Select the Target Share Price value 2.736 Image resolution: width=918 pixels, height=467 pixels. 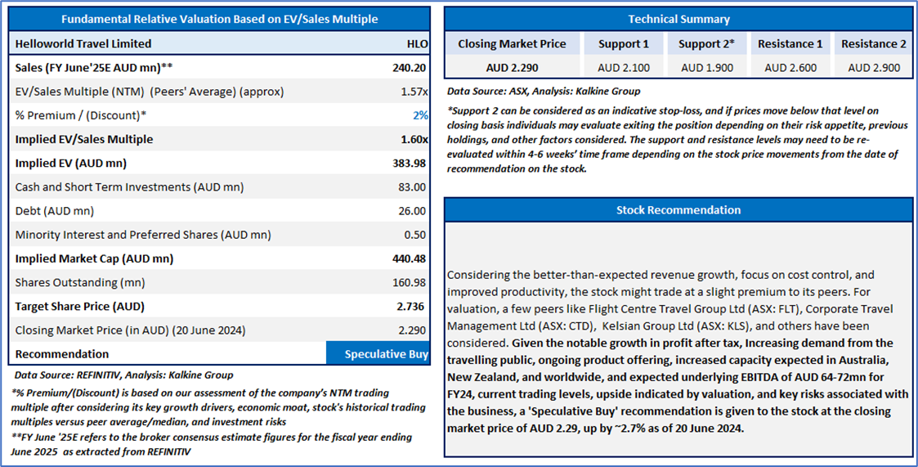click(411, 307)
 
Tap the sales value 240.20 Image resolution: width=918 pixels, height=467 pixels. click(410, 67)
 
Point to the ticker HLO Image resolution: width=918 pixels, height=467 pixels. click(417, 43)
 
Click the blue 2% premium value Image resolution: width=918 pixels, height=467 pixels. click(421, 115)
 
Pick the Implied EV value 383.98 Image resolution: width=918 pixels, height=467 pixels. click(410, 163)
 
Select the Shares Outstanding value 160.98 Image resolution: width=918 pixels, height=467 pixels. click(410, 282)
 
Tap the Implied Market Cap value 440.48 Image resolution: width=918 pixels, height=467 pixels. click(410, 258)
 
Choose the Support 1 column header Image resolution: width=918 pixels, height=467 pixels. click(624, 44)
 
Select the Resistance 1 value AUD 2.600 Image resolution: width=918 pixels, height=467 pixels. click(790, 68)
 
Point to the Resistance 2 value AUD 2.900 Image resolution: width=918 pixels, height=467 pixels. click(874, 68)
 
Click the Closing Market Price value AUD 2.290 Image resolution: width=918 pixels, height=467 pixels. click(512, 68)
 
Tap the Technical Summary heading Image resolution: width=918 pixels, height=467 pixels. click(678, 19)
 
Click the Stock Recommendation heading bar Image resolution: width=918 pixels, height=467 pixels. click(678, 210)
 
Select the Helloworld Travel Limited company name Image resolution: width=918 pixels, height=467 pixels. click(83, 43)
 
